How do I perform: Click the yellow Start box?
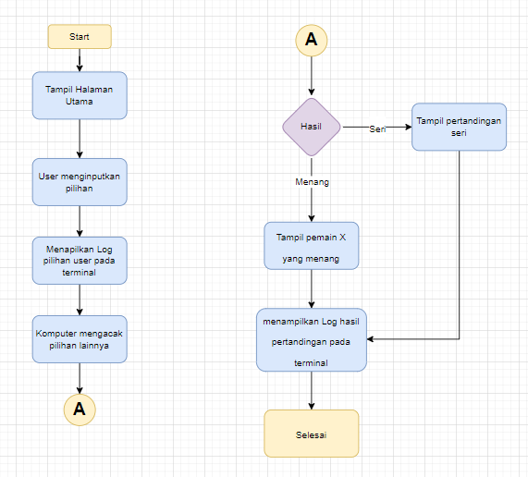click(x=80, y=36)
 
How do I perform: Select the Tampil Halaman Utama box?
click(x=80, y=95)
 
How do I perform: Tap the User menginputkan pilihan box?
click(x=80, y=181)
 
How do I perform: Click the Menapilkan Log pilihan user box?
click(x=80, y=261)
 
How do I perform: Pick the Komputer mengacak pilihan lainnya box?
click(x=80, y=338)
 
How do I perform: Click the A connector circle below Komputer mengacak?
click(x=80, y=409)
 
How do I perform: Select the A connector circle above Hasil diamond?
click(x=312, y=39)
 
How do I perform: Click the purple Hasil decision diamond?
click(x=312, y=127)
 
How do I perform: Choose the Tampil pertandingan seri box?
click(x=460, y=127)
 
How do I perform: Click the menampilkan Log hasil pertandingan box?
click(x=312, y=339)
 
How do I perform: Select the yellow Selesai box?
click(x=312, y=434)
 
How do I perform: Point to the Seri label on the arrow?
click(x=377, y=128)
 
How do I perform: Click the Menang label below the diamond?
click(x=312, y=182)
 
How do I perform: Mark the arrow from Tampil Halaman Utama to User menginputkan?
click(x=80, y=139)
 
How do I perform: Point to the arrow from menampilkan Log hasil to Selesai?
click(x=312, y=390)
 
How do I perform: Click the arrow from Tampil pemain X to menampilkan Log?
click(x=312, y=290)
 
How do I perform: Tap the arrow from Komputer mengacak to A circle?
click(x=80, y=377)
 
